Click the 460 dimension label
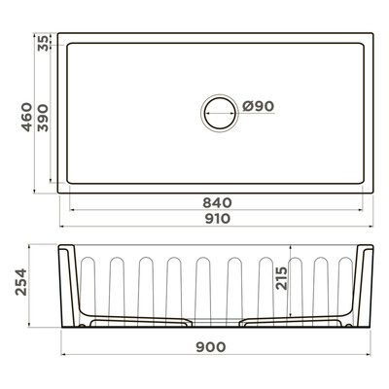click(x=27, y=117)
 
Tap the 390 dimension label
click(x=43, y=118)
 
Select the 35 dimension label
click(x=43, y=43)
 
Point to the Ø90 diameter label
click(x=259, y=106)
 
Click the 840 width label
click(x=217, y=203)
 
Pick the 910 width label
click(x=218, y=219)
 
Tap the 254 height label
click(x=21, y=282)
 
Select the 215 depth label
click(x=281, y=278)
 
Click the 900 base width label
click(x=211, y=347)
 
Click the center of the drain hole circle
click(x=220, y=114)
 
